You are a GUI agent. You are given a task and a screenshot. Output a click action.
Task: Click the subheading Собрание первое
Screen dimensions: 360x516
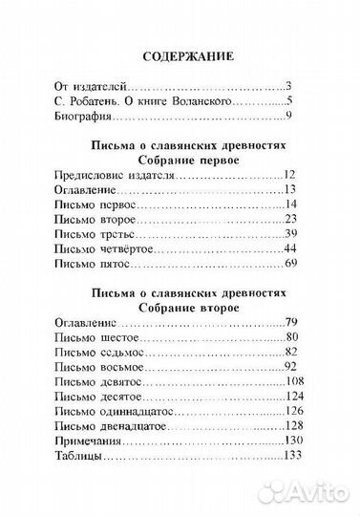tap(179, 161)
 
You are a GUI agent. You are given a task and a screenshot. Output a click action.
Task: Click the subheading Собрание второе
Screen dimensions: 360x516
tap(179, 309)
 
